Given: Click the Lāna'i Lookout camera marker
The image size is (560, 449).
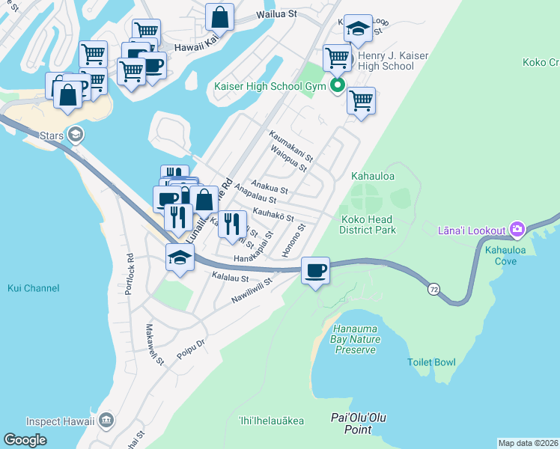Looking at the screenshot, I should coord(516,228).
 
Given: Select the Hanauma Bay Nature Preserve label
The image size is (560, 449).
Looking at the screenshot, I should coord(355,339).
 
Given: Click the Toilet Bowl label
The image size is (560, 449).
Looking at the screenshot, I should coord(431,362).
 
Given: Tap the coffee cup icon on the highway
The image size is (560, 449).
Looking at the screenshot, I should coord(315,270).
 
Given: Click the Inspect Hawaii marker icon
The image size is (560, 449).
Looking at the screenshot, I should coord(106,421).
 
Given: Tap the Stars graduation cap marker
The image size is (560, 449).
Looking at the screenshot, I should coord(74,135).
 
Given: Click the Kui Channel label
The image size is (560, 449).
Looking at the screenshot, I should coord(33,287).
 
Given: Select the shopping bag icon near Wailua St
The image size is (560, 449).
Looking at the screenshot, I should coord(219,16).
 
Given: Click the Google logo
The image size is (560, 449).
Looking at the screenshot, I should coord(25,440).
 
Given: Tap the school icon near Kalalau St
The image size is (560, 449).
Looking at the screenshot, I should coord(180,258).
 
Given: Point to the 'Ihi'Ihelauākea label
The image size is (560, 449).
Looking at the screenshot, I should coord(271,421).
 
